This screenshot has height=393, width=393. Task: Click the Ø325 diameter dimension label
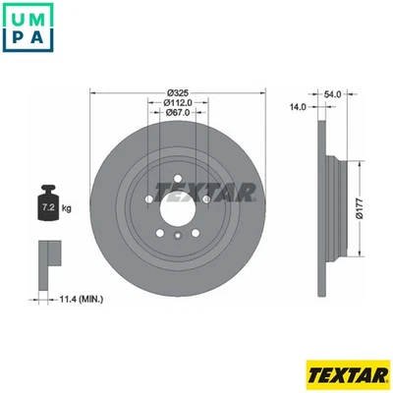pos(177,90)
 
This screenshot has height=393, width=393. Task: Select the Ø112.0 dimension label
pos(177,103)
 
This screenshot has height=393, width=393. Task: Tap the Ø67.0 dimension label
pos(177,115)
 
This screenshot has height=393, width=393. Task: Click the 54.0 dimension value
pos(332,93)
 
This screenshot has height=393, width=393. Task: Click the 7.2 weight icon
pos(46,206)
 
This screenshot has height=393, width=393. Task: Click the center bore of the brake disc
pos(177,204)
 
